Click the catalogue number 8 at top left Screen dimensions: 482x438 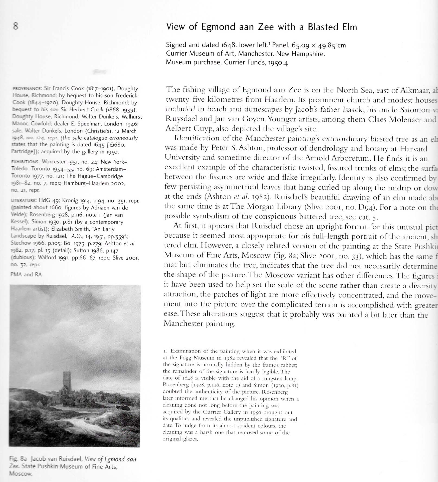[16, 26]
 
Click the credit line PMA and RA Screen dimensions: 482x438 [26, 274]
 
